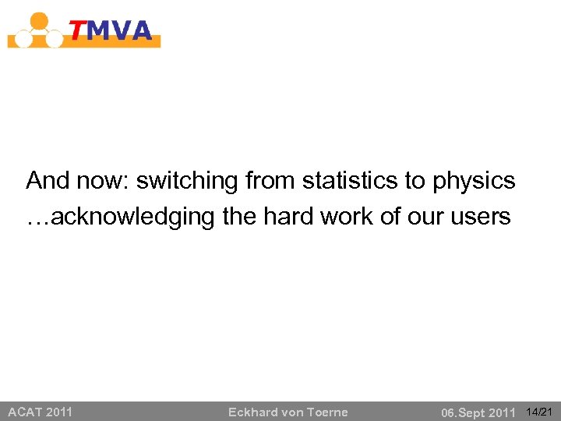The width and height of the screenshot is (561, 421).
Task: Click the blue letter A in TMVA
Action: click(x=140, y=30)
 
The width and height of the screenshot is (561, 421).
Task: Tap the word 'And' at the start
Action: click(x=48, y=181)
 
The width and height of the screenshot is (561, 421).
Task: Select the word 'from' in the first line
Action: click(x=270, y=181)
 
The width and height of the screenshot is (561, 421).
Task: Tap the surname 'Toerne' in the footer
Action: click(x=328, y=412)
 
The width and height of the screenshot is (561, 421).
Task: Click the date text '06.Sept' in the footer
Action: click(x=464, y=412)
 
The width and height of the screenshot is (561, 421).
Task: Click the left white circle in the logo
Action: click(x=23, y=38)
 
